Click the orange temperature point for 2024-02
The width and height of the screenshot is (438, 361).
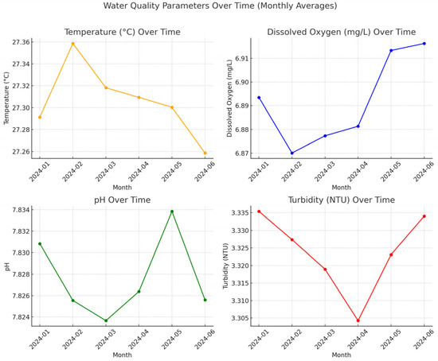pos(73,44)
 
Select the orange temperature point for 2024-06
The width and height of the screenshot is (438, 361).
pos(205,153)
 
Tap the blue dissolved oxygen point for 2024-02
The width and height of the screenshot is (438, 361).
pos(292,153)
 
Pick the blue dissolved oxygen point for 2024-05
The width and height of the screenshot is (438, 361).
pos(391,50)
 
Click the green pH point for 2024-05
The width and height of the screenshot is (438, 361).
pos(172,212)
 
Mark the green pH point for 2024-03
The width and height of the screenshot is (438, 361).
pos(106,320)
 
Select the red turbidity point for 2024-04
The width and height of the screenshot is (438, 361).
pos(358,320)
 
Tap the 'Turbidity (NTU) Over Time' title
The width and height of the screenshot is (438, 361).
pos(342,199)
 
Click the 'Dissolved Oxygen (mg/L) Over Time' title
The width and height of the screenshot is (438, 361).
pos(342,32)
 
